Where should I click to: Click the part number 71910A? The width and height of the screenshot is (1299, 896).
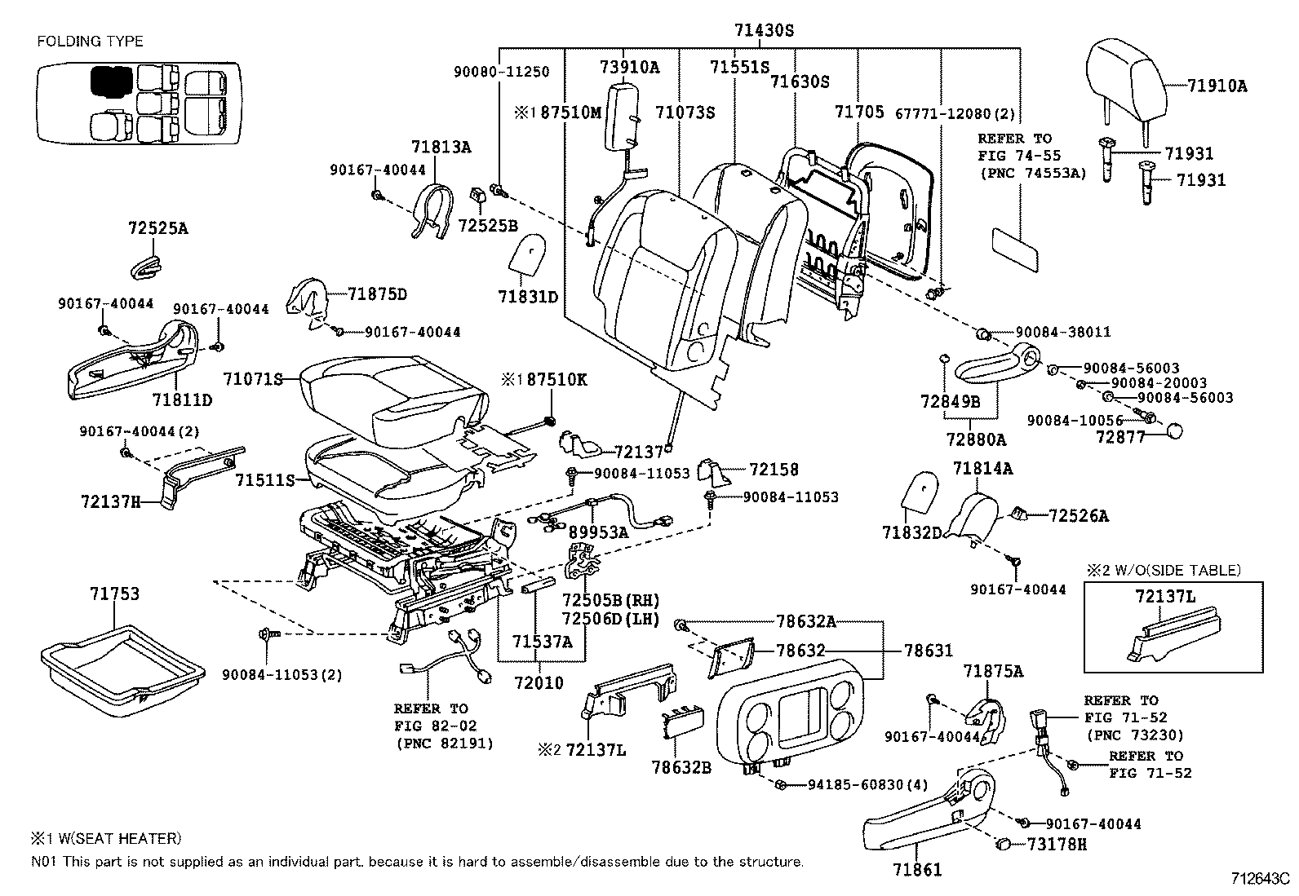click(x=1217, y=85)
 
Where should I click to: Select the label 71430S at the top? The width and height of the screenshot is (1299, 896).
click(x=764, y=31)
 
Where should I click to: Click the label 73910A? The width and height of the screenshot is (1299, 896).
click(x=629, y=68)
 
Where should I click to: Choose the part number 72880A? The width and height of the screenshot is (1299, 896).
click(x=976, y=439)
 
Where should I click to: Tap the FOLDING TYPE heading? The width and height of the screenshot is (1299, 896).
click(x=90, y=41)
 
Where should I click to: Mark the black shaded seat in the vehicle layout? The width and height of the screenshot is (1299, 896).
click(x=111, y=80)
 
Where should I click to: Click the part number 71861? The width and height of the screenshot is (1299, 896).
click(x=918, y=870)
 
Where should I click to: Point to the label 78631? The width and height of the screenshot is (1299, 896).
click(x=928, y=651)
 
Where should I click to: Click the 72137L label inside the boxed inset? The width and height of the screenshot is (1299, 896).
click(x=1164, y=597)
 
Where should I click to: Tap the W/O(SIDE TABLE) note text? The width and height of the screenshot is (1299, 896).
click(x=1175, y=570)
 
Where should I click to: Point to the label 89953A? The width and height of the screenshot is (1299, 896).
click(x=598, y=532)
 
